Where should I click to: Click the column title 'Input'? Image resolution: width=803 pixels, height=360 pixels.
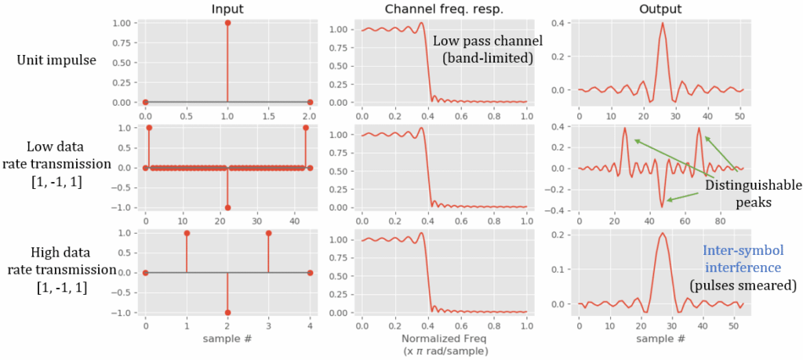(x=227, y=9)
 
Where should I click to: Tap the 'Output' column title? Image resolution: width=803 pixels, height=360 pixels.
(x=660, y=9)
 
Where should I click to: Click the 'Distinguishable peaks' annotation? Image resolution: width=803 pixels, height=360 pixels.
(x=751, y=194)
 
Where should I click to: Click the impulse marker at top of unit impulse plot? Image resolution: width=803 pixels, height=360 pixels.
(x=227, y=23)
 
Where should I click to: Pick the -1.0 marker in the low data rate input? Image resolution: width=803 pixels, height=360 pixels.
(x=227, y=208)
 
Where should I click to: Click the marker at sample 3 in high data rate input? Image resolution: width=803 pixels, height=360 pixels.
(x=269, y=233)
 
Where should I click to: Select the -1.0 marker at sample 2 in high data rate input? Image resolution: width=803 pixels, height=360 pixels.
(x=227, y=312)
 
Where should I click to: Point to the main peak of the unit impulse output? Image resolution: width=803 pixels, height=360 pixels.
(x=663, y=24)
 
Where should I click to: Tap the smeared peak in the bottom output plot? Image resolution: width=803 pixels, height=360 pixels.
(x=663, y=235)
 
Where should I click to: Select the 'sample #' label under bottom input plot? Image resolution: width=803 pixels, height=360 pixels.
(x=227, y=340)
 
